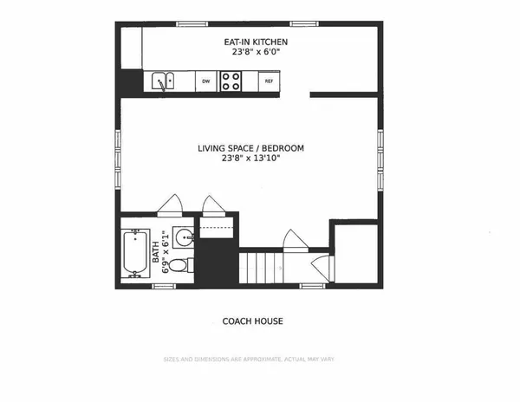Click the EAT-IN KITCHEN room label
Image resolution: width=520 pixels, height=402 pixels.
[256, 42]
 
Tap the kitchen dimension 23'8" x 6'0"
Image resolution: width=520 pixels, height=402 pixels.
[256, 52]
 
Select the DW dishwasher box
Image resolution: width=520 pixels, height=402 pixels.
[206, 81]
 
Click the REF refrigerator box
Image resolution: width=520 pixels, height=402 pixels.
[269, 81]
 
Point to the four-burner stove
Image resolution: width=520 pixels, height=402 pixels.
[231, 81]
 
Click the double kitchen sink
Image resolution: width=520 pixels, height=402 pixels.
[163, 81]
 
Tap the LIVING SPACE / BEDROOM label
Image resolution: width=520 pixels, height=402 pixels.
[250, 148]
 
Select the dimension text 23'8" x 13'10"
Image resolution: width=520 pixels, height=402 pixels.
[250, 158]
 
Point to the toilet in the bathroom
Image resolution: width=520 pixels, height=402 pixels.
[181, 265]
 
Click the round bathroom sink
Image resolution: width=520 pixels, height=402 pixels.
[183, 237]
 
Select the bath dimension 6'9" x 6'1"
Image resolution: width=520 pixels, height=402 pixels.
[166, 252]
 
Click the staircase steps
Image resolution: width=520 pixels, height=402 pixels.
[261, 268]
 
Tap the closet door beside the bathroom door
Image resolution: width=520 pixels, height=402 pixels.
[213, 206]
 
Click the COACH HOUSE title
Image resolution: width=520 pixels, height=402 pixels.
[252, 321]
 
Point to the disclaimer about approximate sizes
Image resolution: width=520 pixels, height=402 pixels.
[249, 360]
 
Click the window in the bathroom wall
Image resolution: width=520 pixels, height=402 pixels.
[164, 286]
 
